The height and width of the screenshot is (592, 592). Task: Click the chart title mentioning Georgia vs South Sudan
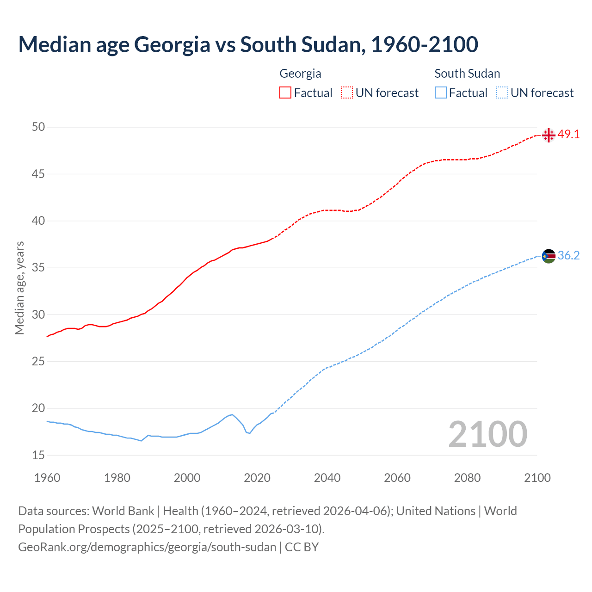[x=248, y=44]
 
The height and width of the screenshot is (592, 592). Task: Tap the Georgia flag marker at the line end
[x=549, y=135]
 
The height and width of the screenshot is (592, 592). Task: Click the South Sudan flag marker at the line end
[x=549, y=256]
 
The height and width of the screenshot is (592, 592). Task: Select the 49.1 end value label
[x=568, y=135]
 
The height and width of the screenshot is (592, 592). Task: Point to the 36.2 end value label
[x=568, y=255]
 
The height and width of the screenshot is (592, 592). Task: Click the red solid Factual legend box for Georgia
[x=285, y=93]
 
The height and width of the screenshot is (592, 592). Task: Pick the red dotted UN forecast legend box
[x=347, y=93]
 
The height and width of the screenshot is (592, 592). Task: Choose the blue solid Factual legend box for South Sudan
[x=441, y=93]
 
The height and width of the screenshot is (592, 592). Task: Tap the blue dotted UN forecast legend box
[x=502, y=93]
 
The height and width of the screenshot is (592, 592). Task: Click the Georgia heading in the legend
[x=300, y=74]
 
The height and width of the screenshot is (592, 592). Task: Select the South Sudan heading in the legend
[x=467, y=74]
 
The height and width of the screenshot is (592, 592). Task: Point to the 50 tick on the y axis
[x=38, y=127]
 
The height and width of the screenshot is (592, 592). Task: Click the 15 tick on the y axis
[x=38, y=455]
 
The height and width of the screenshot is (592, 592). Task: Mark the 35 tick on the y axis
[x=38, y=268]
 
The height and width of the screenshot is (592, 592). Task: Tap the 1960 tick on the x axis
[x=47, y=478]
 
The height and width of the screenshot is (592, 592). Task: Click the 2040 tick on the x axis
[x=327, y=478]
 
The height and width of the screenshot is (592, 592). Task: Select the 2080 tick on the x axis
[x=467, y=478]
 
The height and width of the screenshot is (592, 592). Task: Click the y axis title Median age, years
[x=19, y=288]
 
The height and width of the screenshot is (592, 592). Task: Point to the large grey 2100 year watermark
[x=488, y=434]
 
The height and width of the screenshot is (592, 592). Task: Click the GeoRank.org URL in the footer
[x=147, y=547]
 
